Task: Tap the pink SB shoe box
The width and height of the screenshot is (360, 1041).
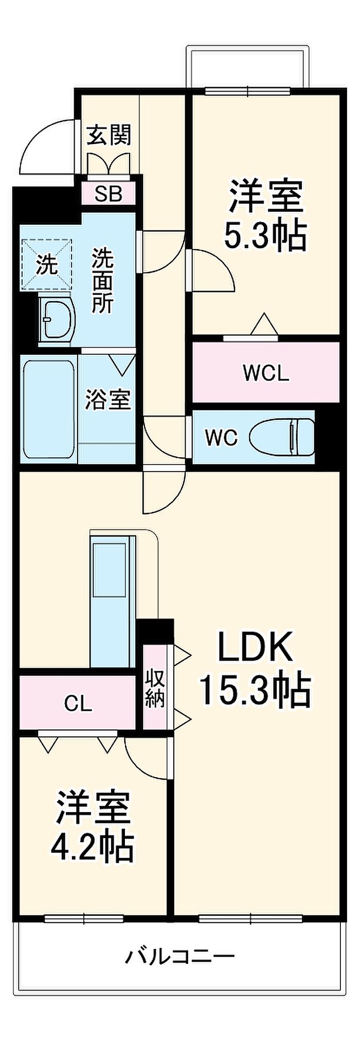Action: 109,194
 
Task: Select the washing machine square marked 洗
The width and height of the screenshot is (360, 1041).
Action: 48,265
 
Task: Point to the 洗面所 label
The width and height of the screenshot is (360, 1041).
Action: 103,280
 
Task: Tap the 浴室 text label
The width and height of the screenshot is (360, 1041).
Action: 108,400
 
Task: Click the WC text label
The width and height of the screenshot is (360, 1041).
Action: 221,438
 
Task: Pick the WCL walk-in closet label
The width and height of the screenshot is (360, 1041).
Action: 266,373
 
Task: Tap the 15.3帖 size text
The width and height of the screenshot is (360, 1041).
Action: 255,689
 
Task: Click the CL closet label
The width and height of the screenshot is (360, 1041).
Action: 78,704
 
